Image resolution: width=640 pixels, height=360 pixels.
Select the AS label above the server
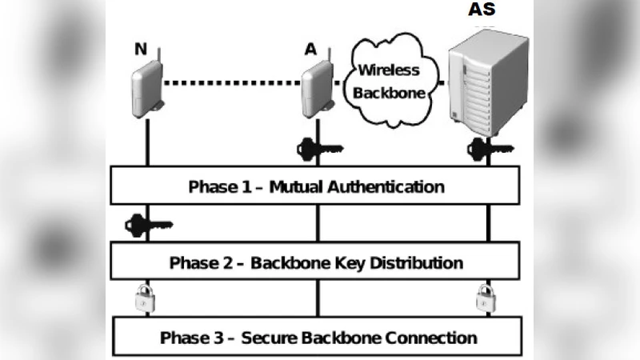click(x=481, y=10)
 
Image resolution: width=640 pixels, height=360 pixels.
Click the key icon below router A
click(x=320, y=148)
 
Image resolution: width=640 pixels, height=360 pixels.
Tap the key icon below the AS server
click(x=487, y=148)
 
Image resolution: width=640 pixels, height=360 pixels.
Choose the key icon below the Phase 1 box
click(x=148, y=226)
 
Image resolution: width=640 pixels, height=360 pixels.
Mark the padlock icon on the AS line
click(x=485, y=298)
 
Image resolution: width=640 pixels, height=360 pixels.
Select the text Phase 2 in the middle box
click(x=198, y=262)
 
